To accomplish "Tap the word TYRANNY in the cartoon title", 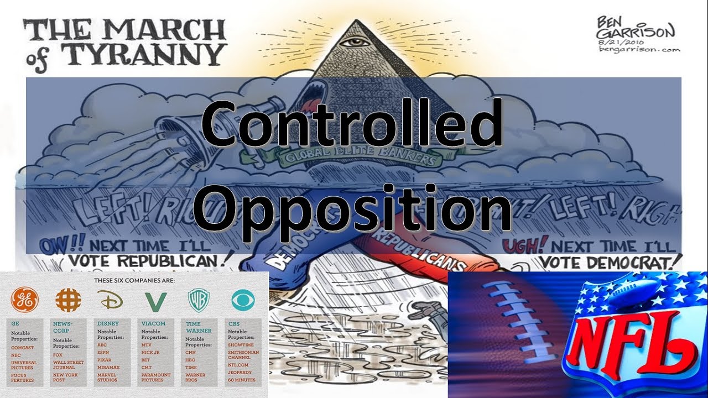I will pyautogui.click(x=143, y=54).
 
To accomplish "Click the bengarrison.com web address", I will pyautogui.click(x=639, y=49).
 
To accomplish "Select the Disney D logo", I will pyautogui.click(x=110, y=300).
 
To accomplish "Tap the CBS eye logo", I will pyautogui.click(x=240, y=300).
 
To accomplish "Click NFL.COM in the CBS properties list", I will pyautogui.click(x=238, y=365).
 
